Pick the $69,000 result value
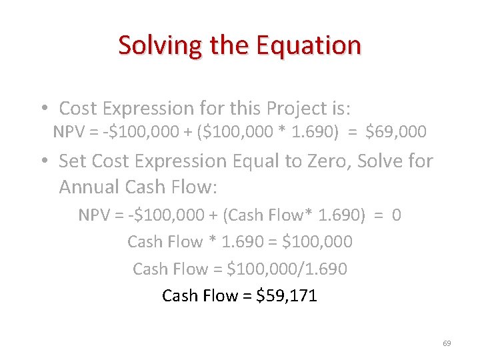click(x=396, y=132)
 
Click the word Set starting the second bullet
click(x=73, y=161)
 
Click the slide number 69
click(x=447, y=343)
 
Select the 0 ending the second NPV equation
click(x=397, y=215)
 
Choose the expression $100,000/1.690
click(x=287, y=269)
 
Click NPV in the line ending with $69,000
click(x=68, y=132)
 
